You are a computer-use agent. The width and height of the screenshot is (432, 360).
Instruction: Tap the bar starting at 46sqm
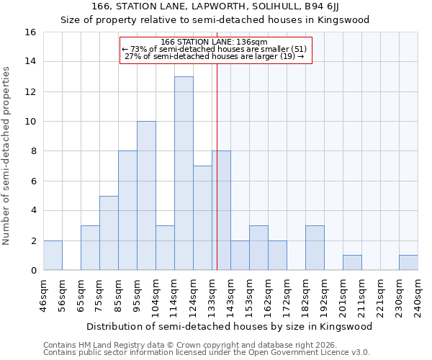[x=53, y=256]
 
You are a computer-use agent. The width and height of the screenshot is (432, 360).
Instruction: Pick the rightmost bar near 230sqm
[x=408, y=263]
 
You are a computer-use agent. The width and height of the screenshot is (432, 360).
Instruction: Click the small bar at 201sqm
[x=352, y=263]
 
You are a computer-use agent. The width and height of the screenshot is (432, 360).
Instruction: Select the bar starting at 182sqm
[x=315, y=248]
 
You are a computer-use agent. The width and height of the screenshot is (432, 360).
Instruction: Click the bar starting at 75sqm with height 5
[x=109, y=233]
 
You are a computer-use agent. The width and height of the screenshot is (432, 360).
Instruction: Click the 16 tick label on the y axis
[x=30, y=32]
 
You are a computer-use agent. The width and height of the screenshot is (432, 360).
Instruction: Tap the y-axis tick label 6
[x=32, y=181]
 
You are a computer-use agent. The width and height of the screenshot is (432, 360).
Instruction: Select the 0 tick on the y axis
[x=32, y=271]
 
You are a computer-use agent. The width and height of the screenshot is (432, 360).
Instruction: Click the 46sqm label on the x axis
[x=45, y=293]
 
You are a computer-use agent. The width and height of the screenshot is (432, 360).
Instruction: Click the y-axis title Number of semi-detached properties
[x=7, y=156]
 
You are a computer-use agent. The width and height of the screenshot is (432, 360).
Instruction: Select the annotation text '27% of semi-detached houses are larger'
[x=210, y=56]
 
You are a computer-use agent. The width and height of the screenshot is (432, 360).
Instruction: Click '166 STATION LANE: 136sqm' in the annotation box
[x=214, y=42]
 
